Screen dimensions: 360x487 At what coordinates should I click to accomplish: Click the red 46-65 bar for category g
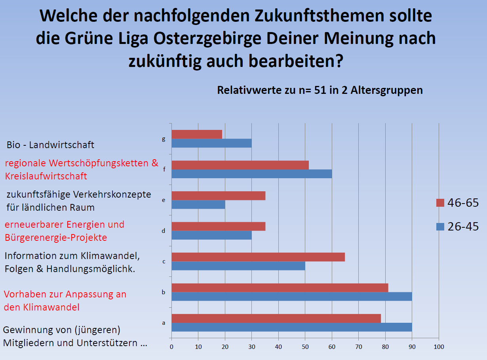click(x=197, y=134)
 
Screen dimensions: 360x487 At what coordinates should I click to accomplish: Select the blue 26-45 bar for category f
click(x=252, y=174)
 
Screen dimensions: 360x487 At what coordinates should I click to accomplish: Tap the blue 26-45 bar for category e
click(x=198, y=204)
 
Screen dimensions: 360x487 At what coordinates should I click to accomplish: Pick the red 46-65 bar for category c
click(x=258, y=257)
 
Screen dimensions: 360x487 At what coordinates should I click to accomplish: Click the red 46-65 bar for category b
click(x=280, y=288)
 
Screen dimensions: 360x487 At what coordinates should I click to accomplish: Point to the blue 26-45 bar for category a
click(x=292, y=327)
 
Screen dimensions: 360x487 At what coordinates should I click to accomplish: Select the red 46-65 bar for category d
click(x=219, y=226)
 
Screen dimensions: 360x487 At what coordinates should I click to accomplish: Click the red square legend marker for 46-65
click(x=440, y=203)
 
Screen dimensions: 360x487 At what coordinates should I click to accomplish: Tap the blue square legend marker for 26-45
click(x=440, y=227)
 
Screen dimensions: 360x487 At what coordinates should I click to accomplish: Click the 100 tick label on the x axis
click(x=438, y=347)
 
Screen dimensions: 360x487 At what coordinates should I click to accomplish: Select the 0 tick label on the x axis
click(x=171, y=347)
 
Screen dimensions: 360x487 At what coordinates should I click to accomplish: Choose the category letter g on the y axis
click(x=164, y=139)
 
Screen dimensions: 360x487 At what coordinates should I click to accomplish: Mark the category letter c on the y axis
click(x=164, y=261)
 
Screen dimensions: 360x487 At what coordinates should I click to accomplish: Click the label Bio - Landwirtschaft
click(x=50, y=145)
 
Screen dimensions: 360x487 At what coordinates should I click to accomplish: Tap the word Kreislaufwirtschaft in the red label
click(x=46, y=176)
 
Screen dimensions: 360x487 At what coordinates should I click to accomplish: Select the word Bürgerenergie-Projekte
click(x=56, y=238)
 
